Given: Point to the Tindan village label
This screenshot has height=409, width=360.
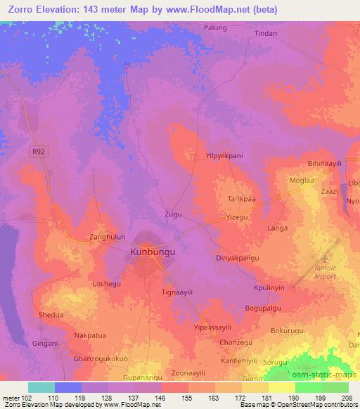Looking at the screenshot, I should (265, 33).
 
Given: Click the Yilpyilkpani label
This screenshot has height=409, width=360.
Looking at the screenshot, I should (223, 155).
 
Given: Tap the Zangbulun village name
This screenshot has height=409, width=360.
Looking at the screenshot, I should (107, 238).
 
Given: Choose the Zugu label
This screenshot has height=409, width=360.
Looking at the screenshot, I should (173, 212).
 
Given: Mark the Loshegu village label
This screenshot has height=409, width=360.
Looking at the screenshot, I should (108, 285).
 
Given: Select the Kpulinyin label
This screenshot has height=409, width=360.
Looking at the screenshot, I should (269, 288).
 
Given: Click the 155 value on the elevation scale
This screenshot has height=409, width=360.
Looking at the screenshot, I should (187, 397).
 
